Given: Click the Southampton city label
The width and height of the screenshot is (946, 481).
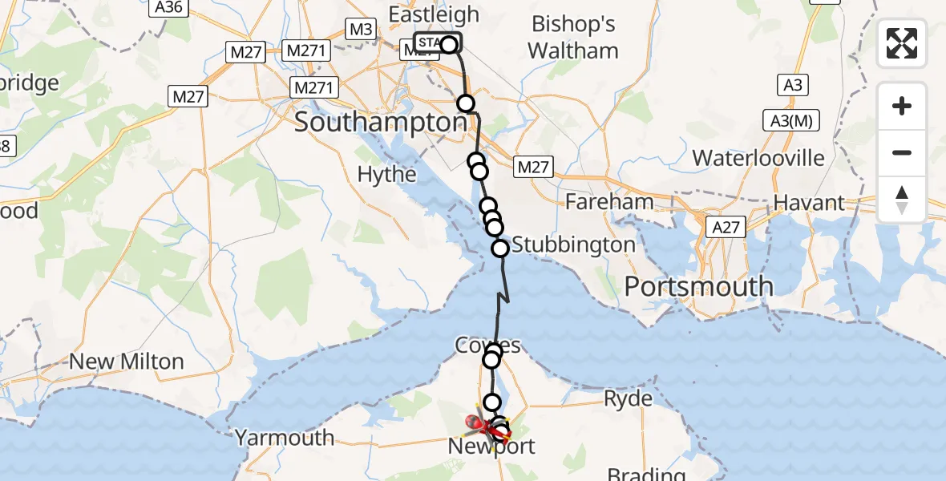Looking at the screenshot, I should (380, 123).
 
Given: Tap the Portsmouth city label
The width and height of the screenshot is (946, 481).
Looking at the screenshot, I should (699, 286).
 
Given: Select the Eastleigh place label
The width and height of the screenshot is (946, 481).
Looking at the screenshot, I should (433, 14).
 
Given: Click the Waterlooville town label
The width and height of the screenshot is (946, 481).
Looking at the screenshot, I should (758, 157).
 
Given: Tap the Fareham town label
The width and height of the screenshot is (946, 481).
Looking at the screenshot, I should (609, 201).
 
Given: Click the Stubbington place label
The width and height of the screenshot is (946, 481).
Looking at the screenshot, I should (573, 245).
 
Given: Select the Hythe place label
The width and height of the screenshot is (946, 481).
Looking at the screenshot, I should (386, 174).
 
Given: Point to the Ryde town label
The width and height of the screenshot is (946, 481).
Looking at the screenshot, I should (629, 398).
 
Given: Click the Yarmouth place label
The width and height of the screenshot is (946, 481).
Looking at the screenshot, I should (285, 438).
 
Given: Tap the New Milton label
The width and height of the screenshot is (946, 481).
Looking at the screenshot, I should (127, 362).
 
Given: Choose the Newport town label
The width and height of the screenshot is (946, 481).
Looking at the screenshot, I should (492, 447).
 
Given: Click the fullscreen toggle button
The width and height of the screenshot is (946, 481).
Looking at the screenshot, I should (902, 43).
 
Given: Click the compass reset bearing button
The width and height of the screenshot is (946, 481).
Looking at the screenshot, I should (902, 200).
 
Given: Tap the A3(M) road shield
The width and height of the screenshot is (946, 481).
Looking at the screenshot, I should (790, 121).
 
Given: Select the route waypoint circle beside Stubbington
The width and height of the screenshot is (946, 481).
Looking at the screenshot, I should (500, 249).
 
